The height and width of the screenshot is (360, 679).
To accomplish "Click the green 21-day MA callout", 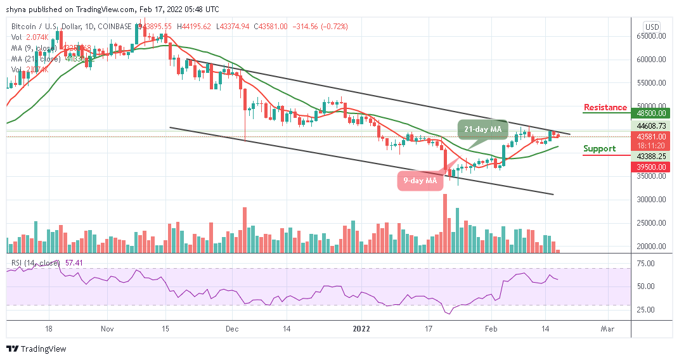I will tap(482, 129).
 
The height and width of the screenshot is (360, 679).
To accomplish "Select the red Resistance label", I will tap(605, 108).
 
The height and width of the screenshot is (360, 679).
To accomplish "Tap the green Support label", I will tap(599, 149).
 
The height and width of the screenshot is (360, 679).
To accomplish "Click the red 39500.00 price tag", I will tap(652, 167).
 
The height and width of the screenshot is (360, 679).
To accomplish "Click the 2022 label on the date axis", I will tap(361, 329).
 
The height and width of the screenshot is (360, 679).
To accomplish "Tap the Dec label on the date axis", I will tap(232, 329).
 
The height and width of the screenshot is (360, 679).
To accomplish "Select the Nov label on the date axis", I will tap(107, 329).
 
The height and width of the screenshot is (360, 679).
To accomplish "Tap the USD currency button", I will tap(652, 27).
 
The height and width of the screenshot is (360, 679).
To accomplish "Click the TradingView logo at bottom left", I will tap(36, 349).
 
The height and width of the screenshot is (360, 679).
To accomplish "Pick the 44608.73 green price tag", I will tap(652, 126).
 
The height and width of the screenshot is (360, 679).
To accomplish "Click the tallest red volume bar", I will tap(444, 222).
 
